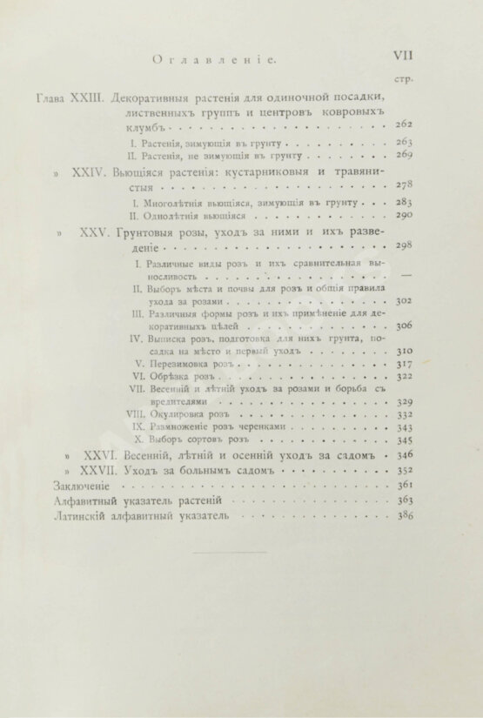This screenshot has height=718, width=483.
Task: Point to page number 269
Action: [402, 153]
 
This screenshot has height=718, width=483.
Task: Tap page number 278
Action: [402, 185]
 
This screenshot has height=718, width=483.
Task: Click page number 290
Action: [402, 212]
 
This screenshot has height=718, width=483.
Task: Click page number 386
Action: [402, 513]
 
